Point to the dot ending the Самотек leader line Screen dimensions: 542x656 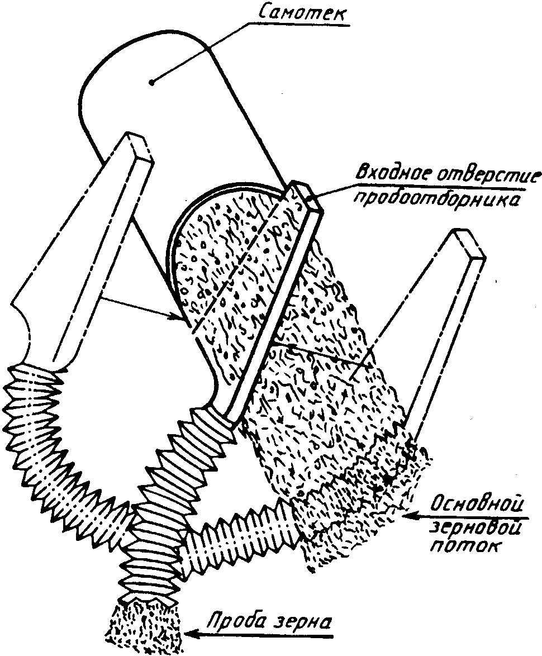151,83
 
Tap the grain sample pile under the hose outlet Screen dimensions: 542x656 145,629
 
